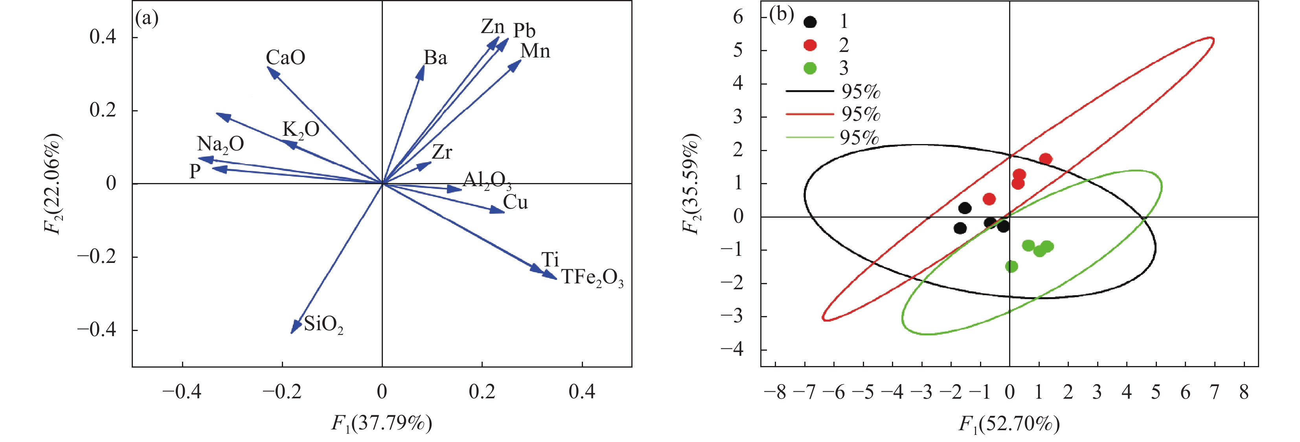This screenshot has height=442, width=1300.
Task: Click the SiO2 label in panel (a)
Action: coord(323,324)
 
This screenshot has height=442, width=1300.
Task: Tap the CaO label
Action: coord(286,57)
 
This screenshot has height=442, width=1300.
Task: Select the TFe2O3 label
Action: coord(592,278)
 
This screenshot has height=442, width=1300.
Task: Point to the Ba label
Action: coord(435,58)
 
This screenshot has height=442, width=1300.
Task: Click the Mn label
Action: coord(535,51)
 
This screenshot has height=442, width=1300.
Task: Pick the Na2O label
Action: coord(221,145)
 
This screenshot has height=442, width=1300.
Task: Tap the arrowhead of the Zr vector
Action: coord(430,163)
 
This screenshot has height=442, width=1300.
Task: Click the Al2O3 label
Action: coord(487,180)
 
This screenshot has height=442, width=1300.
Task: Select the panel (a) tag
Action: coord(147,18)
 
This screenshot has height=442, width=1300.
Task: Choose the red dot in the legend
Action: coord(810,45)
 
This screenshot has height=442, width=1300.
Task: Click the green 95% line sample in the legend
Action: coord(809,137)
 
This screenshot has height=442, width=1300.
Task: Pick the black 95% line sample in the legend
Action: coord(809,91)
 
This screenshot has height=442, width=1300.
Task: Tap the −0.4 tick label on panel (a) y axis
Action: coord(96,330)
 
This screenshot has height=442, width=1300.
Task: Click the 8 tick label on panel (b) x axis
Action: coord(1243,392)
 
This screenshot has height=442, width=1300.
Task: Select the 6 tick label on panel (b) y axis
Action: coord(738,17)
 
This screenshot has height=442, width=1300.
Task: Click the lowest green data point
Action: coord(1011,266)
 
